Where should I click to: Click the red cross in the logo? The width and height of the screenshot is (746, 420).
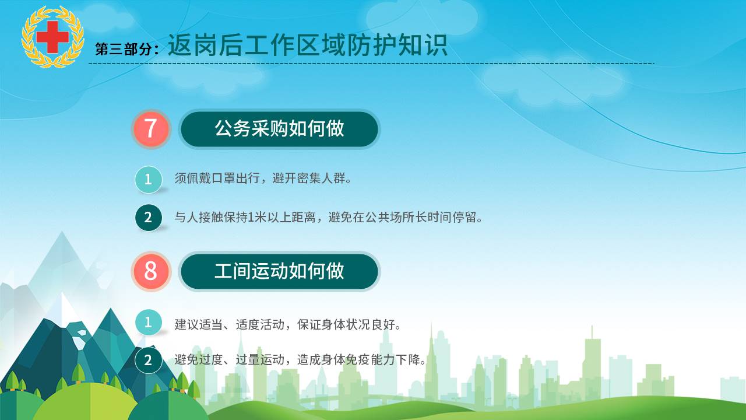(x=52, y=37)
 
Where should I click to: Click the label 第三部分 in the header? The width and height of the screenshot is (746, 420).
(x=123, y=50)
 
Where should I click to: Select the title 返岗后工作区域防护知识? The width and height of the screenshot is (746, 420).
(x=307, y=45)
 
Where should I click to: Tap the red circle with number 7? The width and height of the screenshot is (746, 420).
(x=151, y=129)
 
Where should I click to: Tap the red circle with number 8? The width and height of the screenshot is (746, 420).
(x=151, y=271)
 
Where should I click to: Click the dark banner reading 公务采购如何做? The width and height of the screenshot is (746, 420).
(x=279, y=129)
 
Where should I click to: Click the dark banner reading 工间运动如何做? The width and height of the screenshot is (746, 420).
(x=279, y=271)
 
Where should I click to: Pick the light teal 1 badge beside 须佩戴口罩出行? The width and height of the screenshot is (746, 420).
(x=149, y=179)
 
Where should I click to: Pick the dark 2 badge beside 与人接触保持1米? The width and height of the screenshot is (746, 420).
(x=149, y=218)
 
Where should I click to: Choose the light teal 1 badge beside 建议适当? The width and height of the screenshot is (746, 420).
(x=149, y=323)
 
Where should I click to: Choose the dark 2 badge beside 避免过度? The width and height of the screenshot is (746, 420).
(x=149, y=360)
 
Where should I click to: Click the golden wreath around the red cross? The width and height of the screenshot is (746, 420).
(x=52, y=37)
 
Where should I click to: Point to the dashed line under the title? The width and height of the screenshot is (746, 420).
(x=371, y=64)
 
